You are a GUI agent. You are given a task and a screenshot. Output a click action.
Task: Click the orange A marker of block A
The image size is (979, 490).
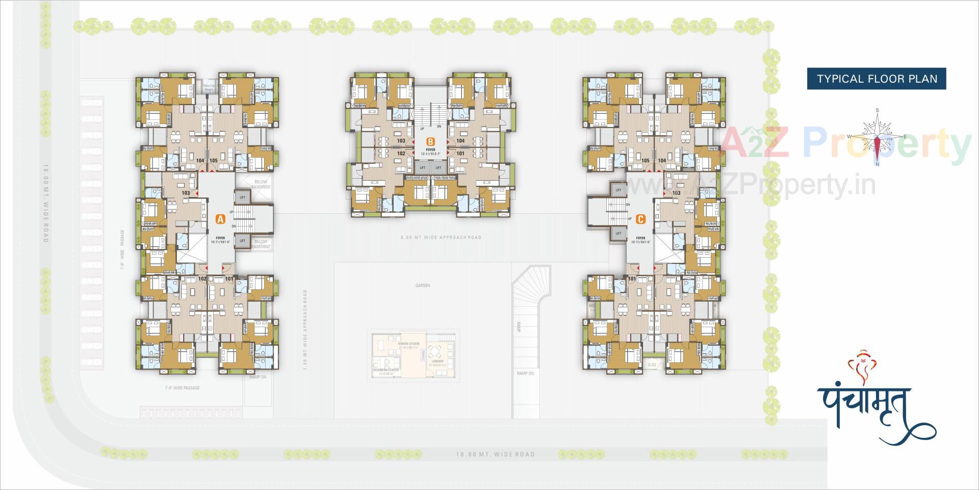click(x=220, y=219)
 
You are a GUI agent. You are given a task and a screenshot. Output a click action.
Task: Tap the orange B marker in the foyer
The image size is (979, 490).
click(x=430, y=141)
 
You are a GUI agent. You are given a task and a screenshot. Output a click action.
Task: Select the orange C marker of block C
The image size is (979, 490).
click(x=641, y=219)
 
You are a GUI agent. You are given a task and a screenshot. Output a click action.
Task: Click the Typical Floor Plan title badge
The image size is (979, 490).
click(x=877, y=79)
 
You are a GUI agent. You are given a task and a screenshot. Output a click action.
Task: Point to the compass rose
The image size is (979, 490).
click(x=877, y=137)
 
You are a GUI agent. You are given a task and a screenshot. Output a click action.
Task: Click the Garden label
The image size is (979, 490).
click(x=423, y=285)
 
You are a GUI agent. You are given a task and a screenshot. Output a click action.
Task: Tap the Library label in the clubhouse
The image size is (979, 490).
click(x=437, y=361)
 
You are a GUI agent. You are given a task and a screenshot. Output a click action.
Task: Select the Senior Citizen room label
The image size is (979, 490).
click(x=408, y=345)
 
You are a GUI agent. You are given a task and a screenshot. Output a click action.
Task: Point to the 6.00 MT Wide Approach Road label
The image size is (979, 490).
click(x=441, y=237)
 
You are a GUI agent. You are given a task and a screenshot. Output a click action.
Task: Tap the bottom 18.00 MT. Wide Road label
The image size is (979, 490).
click(x=495, y=454)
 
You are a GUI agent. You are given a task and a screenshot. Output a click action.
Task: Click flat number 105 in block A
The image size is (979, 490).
click(x=214, y=160)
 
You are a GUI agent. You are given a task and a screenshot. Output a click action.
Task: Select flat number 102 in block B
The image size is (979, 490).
click(x=401, y=153)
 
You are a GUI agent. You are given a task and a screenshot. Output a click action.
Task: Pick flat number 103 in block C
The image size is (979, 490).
click(x=676, y=193)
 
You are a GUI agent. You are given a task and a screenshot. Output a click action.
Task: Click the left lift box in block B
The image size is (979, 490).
click(x=422, y=167)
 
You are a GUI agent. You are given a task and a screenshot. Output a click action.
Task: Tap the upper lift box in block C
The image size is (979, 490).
click(x=619, y=190)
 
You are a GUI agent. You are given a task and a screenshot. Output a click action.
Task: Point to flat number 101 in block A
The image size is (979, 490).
click(x=229, y=279)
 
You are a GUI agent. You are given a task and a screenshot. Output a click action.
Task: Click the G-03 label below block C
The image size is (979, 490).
click(x=652, y=365)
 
